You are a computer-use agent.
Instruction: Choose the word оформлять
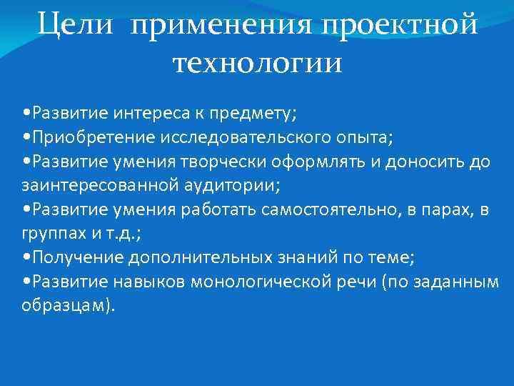pos(324,161)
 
